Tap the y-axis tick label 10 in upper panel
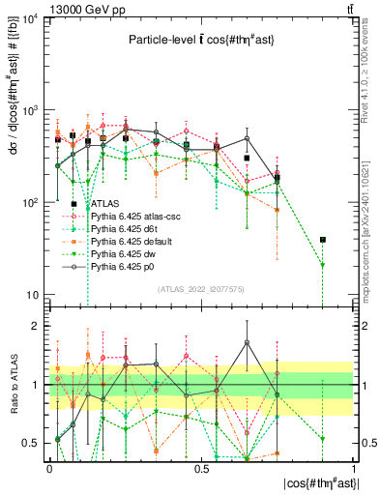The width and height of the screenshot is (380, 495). (34, 295)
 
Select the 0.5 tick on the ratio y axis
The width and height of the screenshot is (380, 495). (34, 443)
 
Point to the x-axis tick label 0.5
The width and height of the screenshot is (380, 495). (201, 468)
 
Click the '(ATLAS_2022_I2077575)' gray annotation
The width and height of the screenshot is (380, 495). (200, 288)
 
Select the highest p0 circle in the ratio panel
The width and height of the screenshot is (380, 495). (247, 342)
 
